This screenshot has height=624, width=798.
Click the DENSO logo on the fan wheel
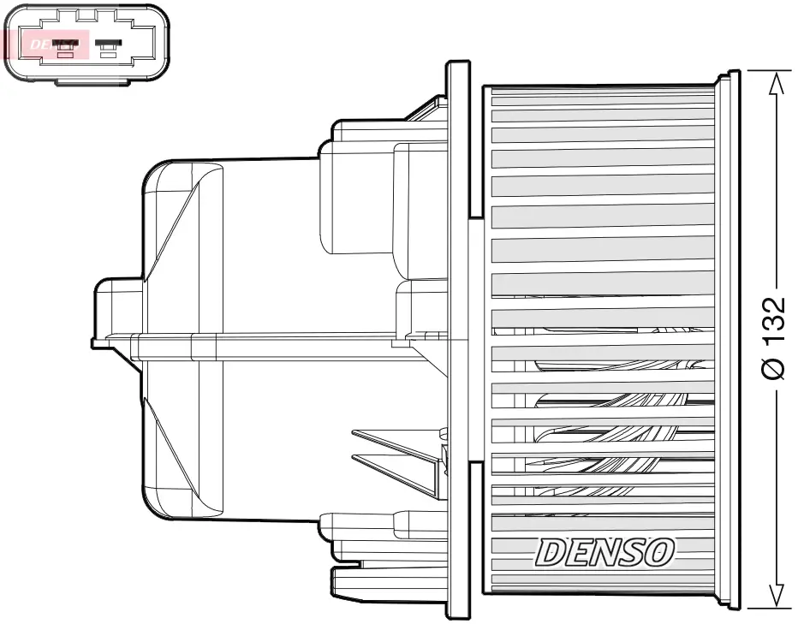604,552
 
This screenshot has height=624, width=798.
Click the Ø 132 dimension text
773,338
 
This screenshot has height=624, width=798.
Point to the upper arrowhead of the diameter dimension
775,82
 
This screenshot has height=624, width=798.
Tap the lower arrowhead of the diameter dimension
775,596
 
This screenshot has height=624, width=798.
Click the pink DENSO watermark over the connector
46,43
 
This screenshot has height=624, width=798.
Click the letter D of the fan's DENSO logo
551,553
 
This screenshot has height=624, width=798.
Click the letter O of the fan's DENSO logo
658,552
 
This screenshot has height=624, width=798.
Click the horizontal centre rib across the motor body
283,345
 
